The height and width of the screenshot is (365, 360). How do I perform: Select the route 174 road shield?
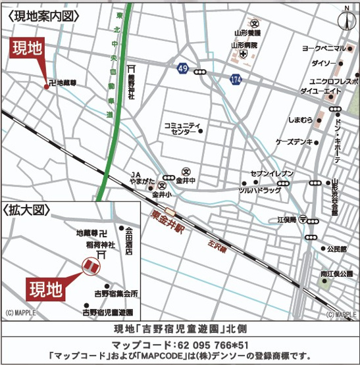(x=235, y=78)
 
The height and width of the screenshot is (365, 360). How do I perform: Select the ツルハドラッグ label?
(x=259, y=190)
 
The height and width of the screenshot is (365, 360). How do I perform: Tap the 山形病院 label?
(x=244, y=45)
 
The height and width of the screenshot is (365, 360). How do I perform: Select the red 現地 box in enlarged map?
(x=47, y=287)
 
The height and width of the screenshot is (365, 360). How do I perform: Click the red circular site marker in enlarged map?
(x=90, y=266)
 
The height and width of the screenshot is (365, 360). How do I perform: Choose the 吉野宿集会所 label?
(x=116, y=293)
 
